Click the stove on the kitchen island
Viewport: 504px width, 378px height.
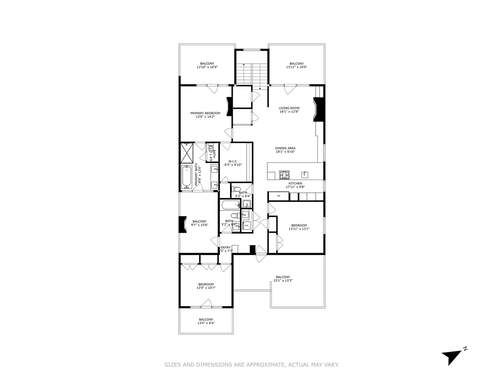pos(284,174)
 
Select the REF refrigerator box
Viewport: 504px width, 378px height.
pos(279,196)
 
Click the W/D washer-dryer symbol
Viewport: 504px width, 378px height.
pos(246,225)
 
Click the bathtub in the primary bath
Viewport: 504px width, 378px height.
pos(187,177)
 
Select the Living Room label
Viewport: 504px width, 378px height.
pos(289,108)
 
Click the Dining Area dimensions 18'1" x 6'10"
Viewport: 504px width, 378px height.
pos(285,152)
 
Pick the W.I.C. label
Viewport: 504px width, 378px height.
pos(233,161)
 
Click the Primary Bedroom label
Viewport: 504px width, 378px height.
pos(205,113)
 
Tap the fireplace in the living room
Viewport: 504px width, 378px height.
pos(319,109)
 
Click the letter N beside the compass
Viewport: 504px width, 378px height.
pos(465,349)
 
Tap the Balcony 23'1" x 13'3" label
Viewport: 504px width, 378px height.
pos(283,277)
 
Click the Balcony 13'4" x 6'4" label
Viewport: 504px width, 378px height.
pos(206,320)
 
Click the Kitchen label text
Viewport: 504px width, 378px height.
pos(295,183)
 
